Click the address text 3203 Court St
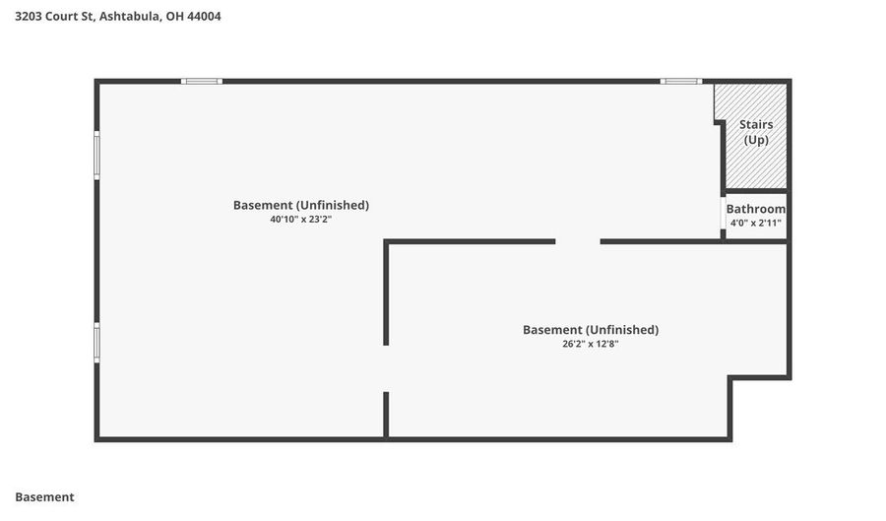pyautogui.click(x=55, y=17)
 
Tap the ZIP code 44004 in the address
pyautogui.click(x=204, y=17)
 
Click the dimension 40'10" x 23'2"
pyautogui.click(x=300, y=220)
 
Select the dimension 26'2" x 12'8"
pyautogui.click(x=591, y=344)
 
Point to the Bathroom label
pyautogui.click(x=755, y=209)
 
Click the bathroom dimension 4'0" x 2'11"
pyautogui.click(x=755, y=223)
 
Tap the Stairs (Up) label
pyautogui.click(x=756, y=132)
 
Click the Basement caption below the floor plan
pyautogui.click(x=44, y=497)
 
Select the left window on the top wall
pyautogui.click(x=202, y=82)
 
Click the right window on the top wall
pyautogui.click(x=681, y=82)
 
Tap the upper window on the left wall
pyautogui.click(x=96, y=156)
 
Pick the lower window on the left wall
pyautogui.click(x=96, y=343)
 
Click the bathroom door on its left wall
pyautogui.click(x=724, y=213)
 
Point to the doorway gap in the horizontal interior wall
pyautogui.click(x=578, y=241)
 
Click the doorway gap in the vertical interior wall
pyautogui.click(x=386, y=368)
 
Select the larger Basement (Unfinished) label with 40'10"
pyautogui.click(x=301, y=205)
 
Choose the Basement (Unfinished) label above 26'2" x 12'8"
pyautogui.click(x=591, y=329)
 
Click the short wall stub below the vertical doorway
pyautogui.click(x=386, y=415)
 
